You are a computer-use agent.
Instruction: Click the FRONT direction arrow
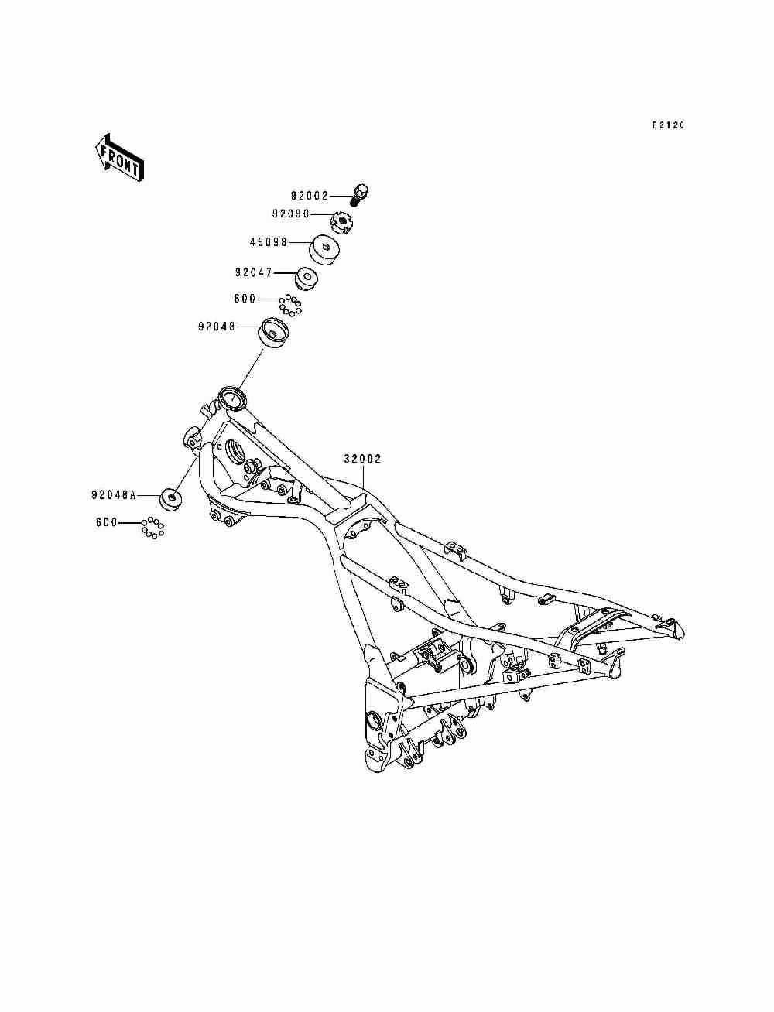(119, 159)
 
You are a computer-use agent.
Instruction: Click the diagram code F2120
(669, 125)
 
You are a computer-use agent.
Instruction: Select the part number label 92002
(309, 196)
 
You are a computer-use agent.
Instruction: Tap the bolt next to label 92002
(359, 195)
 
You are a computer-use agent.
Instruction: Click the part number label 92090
(290, 214)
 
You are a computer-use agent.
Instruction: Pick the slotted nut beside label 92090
(341, 222)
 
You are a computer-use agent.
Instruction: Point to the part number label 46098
(269, 241)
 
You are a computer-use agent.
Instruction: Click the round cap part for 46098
(324, 251)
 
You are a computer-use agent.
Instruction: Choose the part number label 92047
(254, 272)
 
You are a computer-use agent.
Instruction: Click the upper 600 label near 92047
(245, 299)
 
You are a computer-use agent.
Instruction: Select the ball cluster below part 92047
(290, 305)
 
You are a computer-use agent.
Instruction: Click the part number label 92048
(217, 327)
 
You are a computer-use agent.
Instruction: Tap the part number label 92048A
(114, 495)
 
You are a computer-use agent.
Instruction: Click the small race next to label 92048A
(171, 498)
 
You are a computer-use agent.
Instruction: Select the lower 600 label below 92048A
(107, 523)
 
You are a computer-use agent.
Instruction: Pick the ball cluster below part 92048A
(152, 528)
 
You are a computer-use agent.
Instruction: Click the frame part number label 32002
(362, 459)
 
